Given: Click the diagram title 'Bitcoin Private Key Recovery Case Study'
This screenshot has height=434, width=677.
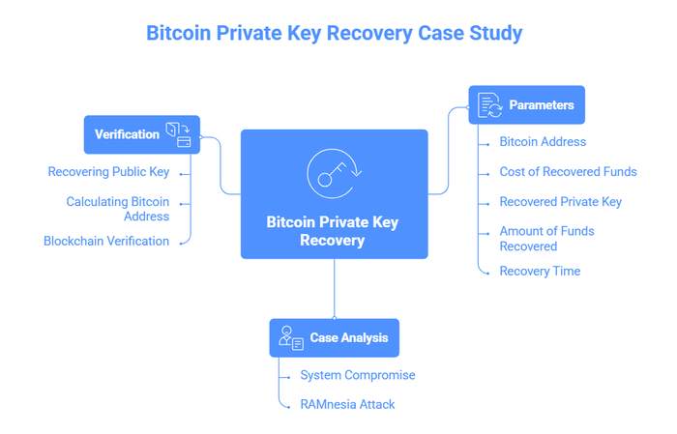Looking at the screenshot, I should [x=334, y=33].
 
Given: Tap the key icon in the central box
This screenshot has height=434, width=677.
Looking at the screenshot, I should [x=334, y=173].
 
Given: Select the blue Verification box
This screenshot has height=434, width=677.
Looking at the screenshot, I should [x=141, y=134].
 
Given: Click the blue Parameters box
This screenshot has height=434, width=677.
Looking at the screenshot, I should [x=526, y=105].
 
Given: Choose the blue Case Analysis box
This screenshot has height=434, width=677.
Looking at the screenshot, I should [x=334, y=338].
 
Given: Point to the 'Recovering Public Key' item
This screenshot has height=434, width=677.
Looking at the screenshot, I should [x=108, y=172].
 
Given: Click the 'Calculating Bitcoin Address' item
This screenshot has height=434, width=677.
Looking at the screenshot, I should [x=117, y=209].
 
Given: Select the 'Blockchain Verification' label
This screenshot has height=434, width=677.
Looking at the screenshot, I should [x=106, y=242].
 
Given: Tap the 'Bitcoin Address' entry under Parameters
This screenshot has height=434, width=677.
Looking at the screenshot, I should [x=543, y=142].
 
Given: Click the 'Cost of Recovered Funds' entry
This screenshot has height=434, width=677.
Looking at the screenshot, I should [x=568, y=172].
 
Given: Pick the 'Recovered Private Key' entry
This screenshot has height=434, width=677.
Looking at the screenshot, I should [x=560, y=202].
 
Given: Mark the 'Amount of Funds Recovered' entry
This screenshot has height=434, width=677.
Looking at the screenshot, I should [x=546, y=239].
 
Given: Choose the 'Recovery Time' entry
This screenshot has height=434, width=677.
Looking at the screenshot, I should [x=540, y=272].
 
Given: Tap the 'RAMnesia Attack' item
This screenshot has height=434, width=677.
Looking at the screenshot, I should [x=347, y=405].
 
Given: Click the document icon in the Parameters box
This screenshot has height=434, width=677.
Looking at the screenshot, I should [x=489, y=105].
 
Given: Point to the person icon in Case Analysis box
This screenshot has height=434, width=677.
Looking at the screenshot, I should [x=290, y=338].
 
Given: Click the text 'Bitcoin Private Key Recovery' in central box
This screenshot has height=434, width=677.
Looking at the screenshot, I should [x=333, y=231].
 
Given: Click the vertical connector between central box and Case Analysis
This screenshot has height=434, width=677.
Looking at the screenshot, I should [x=335, y=288].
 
